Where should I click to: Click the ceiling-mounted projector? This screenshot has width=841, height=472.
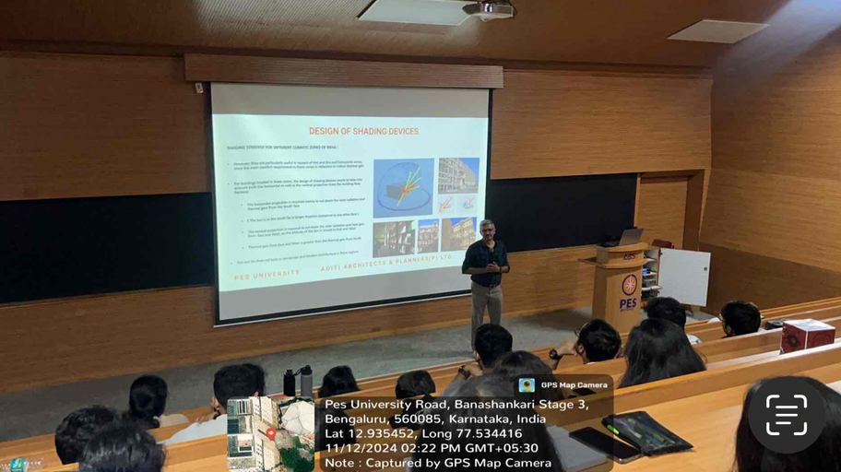tap(489, 9)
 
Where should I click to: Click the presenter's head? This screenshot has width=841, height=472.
tap(487, 230)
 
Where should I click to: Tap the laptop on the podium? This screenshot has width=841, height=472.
tap(630, 237)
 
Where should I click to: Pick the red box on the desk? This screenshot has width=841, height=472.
tap(807, 335)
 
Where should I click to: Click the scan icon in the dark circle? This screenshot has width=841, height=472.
tap(786, 415)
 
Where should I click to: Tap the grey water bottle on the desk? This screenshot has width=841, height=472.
tap(306, 381)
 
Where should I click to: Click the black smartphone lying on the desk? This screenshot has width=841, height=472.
tap(604, 444)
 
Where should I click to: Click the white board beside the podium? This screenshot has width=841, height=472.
tap(683, 277)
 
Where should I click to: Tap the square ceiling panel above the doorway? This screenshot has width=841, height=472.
tap(717, 31)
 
